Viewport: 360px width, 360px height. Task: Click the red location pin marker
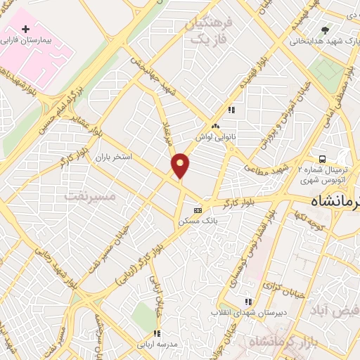click(x=181, y=166)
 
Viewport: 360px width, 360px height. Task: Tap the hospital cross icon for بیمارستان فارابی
click(x=26, y=30)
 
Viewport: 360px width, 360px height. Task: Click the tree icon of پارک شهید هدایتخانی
click(x=324, y=30)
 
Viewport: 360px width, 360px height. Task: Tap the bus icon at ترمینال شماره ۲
click(x=321, y=159)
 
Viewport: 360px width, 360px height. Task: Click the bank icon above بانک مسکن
click(x=198, y=210)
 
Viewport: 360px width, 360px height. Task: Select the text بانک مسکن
click(x=199, y=220)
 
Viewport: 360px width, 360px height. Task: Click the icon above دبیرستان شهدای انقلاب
click(x=247, y=300)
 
